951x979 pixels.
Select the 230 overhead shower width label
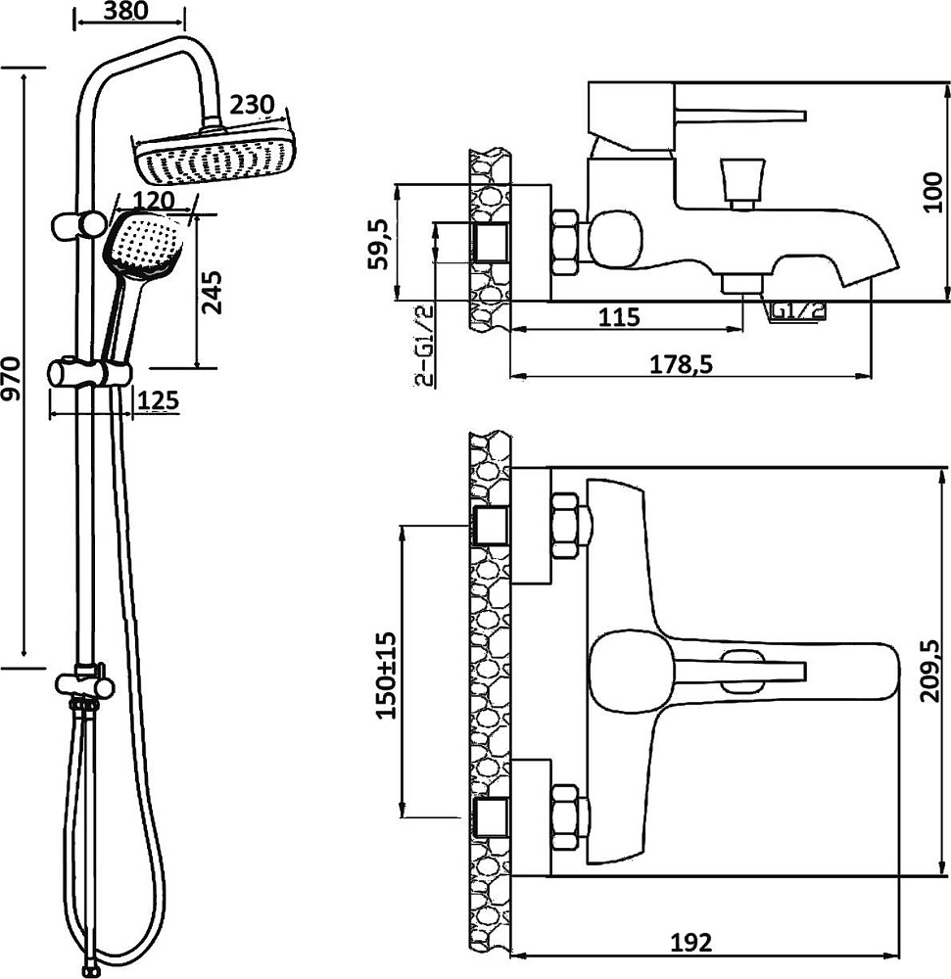(x=251, y=106)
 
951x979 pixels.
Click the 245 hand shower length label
(x=213, y=291)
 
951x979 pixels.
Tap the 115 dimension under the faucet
(x=619, y=317)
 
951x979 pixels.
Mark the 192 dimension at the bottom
(x=691, y=942)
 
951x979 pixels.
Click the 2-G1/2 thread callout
(x=424, y=347)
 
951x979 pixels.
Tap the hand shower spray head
(x=142, y=248)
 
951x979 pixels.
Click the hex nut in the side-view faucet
(x=567, y=241)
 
